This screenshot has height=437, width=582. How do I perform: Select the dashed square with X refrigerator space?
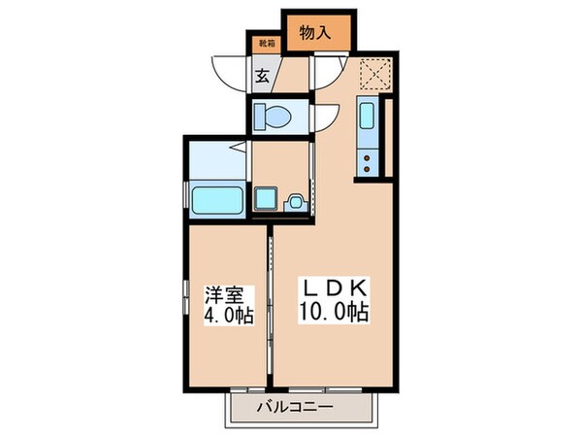coord(373,74)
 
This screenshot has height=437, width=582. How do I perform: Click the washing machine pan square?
coord(264,200)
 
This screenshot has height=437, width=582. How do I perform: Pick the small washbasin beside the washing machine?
coord(295,202)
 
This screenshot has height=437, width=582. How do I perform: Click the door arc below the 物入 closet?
coord(326,72)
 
